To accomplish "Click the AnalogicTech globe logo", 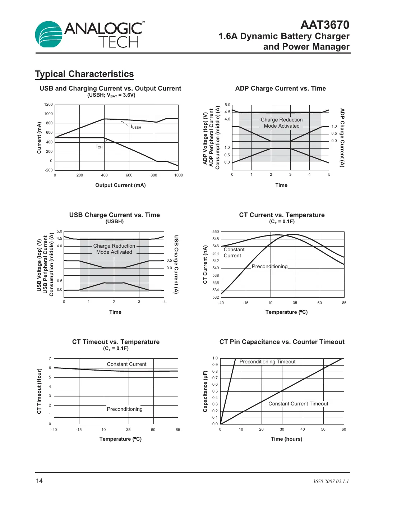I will (x=49, y=34).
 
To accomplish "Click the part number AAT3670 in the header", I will (x=324, y=25).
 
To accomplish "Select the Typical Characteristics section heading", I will (x=84, y=74).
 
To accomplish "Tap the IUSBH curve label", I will (x=136, y=127).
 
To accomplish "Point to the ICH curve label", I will (x=99, y=146).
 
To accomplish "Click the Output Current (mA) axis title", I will (x=120, y=185).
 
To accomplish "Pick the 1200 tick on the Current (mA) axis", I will (x=49, y=105).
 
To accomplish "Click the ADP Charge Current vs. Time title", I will (x=280, y=88).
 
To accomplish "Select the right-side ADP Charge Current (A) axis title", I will (x=342, y=138).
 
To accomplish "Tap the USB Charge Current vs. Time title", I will (x=114, y=215).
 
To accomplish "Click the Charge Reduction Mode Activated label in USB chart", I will (x=114, y=249).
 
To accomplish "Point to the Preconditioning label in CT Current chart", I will (x=269, y=266).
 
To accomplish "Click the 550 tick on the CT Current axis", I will (x=216, y=232).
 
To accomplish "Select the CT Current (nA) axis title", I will (x=205, y=265).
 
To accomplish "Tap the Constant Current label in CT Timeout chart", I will (x=126, y=364).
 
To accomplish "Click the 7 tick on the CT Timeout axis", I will (x=50, y=358).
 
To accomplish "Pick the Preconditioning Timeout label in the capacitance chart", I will (x=267, y=362).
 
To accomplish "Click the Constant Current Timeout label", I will (x=298, y=404).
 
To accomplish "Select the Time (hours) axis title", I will (x=286, y=439).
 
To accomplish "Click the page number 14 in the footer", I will (x=39, y=481).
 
